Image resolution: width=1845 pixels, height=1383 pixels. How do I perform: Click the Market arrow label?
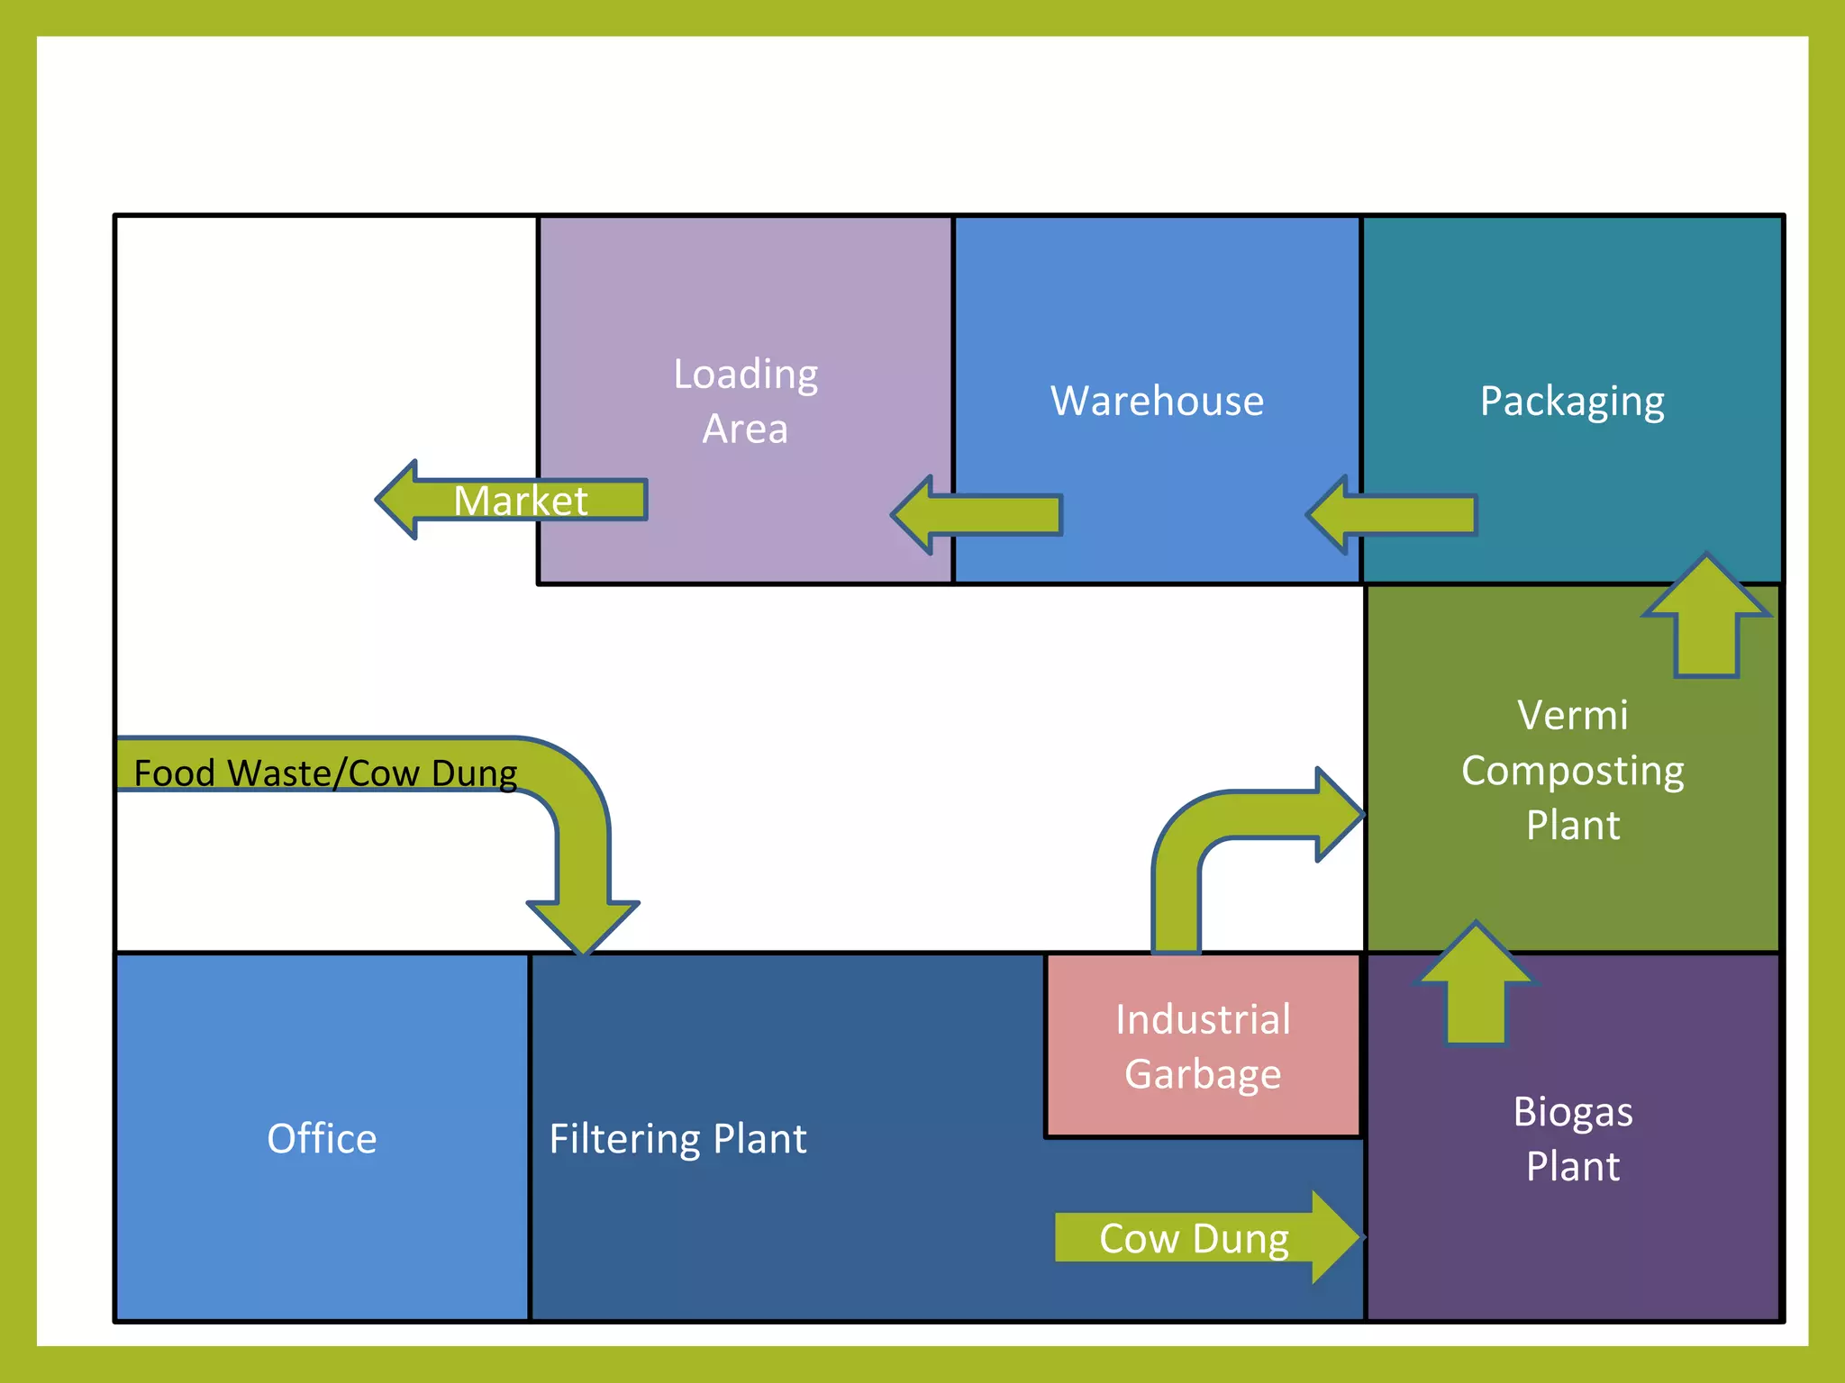click(x=520, y=501)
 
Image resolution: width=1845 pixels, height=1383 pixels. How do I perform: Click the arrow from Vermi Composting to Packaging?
click(x=1705, y=621)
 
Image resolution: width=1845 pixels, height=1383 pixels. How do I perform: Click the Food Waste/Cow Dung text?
click(x=324, y=773)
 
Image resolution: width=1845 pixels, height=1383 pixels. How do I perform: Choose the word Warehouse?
click(x=1157, y=401)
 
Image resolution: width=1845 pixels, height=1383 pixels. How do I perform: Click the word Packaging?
click(x=1572, y=402)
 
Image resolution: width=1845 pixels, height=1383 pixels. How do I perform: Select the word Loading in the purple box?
click(x=746, y=374)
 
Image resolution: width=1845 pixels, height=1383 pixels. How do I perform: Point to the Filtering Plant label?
click(x=677, y=1139)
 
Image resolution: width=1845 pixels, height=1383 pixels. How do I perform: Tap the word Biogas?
click(x=1572, y=1112)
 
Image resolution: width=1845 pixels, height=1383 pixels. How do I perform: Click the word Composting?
click(x=1572, y=772)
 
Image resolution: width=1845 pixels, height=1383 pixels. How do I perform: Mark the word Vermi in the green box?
click(x=1572, y=716)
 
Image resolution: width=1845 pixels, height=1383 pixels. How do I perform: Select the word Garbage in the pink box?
click(x=1203, y=1074)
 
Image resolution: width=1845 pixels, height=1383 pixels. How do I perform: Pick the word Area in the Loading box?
click(x=745, y=429)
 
